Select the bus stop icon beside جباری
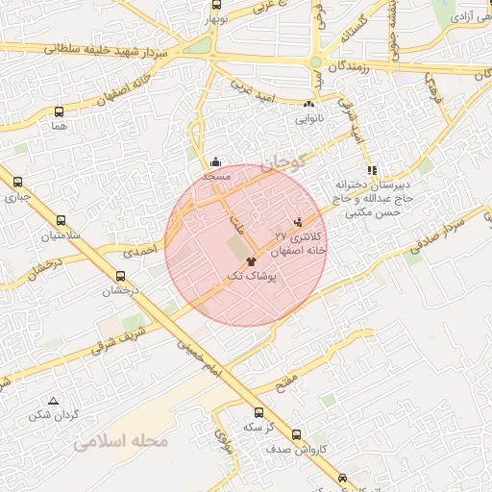(16, 182)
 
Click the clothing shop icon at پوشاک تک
(251, 259)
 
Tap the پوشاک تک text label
(250, 276)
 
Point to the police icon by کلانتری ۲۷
(309, 222)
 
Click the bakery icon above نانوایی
(308, 106)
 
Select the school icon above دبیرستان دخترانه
(373, 170)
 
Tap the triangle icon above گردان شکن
(53, 401)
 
